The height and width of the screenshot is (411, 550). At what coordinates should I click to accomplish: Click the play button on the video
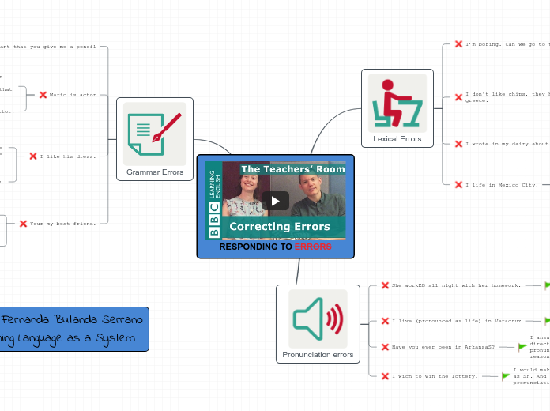[275, 201]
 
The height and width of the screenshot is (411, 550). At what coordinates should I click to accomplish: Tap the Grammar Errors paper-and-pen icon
[154, 134]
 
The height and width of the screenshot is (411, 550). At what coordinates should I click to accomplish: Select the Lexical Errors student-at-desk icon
[397, 103]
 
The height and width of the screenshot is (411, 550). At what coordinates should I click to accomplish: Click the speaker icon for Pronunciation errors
[318, 319]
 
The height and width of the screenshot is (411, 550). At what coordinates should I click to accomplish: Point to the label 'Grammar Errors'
[154, 172]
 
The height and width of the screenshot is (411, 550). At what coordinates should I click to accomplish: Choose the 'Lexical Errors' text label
[397, 139]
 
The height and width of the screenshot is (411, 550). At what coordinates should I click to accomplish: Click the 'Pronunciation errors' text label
[318, 355]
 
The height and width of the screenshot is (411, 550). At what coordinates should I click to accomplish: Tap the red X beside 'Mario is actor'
[43, 95]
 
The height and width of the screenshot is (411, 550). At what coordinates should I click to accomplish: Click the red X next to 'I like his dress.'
[33, 156]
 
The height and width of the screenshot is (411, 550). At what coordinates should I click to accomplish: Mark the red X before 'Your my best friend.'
[23, 224]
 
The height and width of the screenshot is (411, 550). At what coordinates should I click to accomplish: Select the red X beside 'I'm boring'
[458, 44]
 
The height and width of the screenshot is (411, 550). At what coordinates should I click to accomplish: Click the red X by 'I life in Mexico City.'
[458, 184]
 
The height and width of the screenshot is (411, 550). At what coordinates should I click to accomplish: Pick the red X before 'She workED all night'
[385, 285]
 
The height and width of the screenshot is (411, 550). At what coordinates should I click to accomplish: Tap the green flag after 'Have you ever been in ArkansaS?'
[522, 347]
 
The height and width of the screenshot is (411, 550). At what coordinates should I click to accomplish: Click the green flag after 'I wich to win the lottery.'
[507, 376]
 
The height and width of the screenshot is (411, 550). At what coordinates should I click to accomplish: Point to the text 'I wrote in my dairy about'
[506, 144]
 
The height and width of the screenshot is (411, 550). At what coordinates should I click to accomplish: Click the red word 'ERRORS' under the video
[313, 247]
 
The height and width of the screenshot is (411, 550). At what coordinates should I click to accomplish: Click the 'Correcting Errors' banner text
[280, 227]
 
